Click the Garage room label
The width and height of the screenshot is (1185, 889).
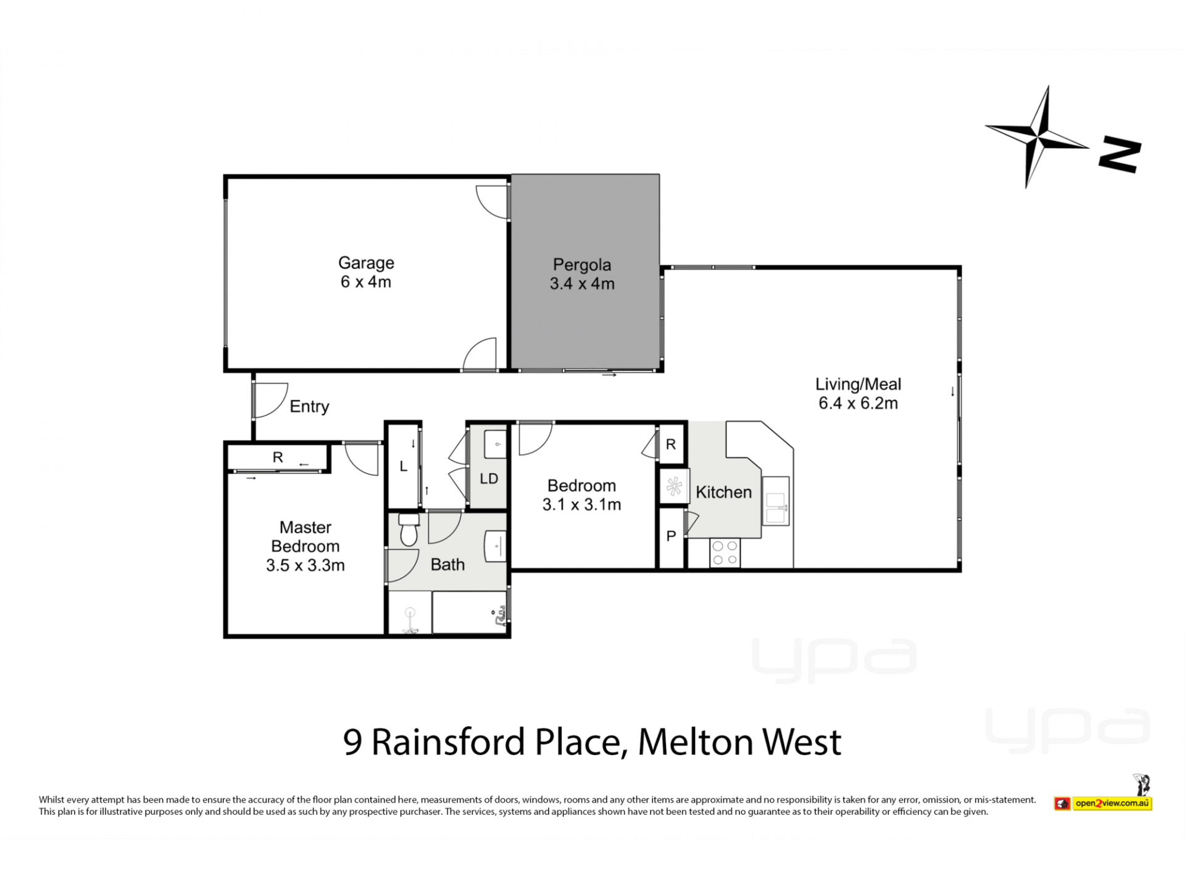(366, 263)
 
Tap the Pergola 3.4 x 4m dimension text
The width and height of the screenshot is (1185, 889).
(582, 284)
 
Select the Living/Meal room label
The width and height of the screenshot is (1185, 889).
(858, 384)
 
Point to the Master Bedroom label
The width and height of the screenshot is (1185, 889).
(306, 536)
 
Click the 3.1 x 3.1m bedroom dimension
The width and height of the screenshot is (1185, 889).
(581, 505)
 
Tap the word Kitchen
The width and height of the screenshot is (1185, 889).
(723, 492)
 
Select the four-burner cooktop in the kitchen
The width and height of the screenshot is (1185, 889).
(725, 553)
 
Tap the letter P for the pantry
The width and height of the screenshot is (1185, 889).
(671, 536)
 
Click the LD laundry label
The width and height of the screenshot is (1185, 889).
(489, 478)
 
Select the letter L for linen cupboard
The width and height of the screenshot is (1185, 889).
(403, 467)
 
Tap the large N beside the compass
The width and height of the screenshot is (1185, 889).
(1120, 155)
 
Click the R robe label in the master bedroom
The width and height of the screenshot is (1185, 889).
(278, 457)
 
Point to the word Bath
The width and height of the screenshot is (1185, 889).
(447, 564)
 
